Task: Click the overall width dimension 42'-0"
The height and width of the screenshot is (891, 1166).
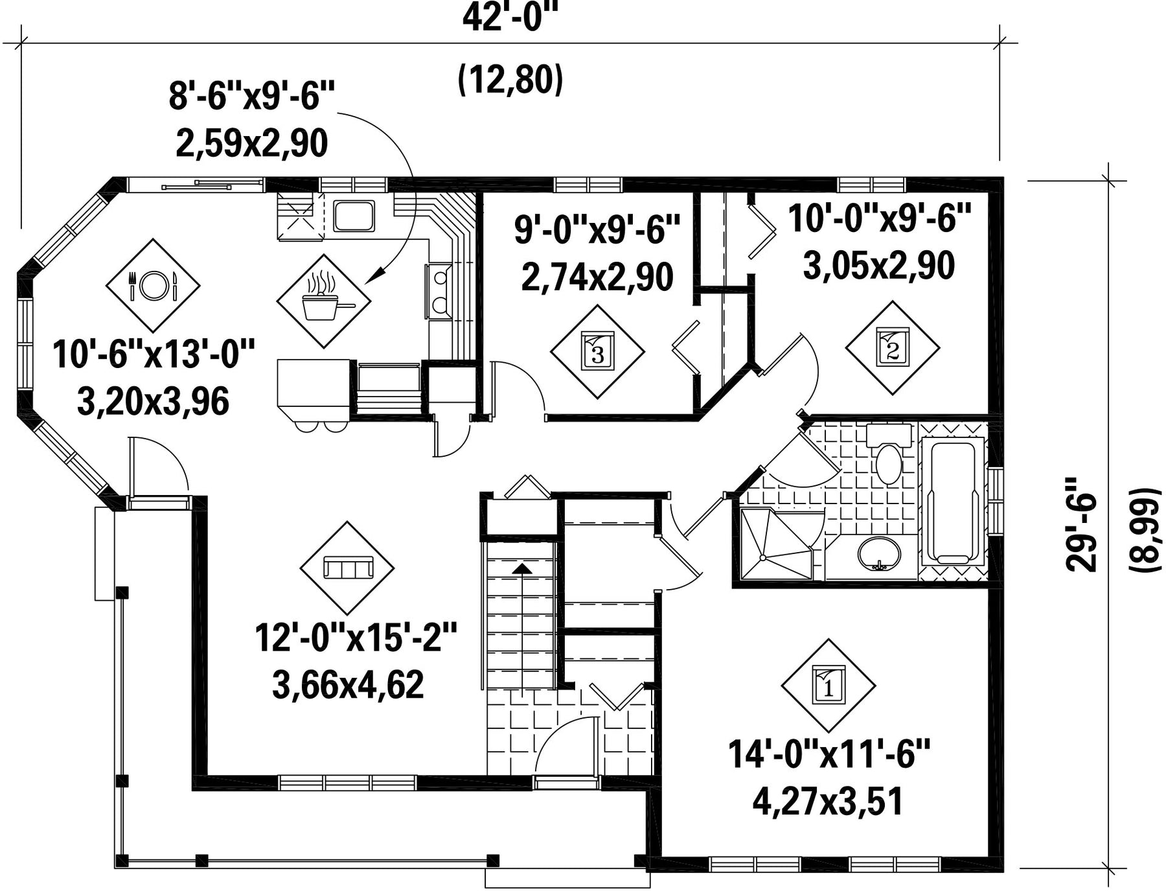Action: click(x=510, y=18)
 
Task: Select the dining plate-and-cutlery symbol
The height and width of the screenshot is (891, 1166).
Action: click(x=153, y=285)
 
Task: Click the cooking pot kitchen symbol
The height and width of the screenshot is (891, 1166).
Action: click(x=324, y=301)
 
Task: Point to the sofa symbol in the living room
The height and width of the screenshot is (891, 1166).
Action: click(x=347, y=568)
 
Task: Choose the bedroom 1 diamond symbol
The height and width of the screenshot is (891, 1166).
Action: click(x=829, y=686)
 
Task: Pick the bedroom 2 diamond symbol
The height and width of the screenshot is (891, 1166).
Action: click(x=893, y=347)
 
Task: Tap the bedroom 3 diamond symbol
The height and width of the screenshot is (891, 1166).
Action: click(x=597, y=351)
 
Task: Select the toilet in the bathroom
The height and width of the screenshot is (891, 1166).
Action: click(x=888, y=454)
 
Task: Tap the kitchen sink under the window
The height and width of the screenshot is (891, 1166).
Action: click(x=354, y=216)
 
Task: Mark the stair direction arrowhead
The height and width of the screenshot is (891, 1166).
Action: click(x=521, y=568)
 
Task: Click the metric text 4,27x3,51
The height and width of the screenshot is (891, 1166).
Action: click(x=828, y=802)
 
